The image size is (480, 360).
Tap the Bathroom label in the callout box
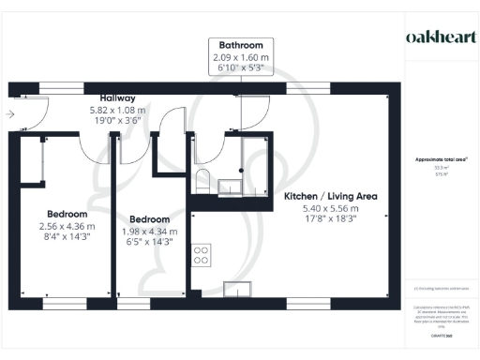pos(241,45)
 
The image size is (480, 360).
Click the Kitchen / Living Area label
pos(330,196)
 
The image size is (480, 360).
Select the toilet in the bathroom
pos(201,181)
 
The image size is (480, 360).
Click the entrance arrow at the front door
pos(9,114)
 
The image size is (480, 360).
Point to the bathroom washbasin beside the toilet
pos(227,187)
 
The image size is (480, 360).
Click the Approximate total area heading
pos(442,160)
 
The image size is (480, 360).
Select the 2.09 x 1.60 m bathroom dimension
pos(241,57)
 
